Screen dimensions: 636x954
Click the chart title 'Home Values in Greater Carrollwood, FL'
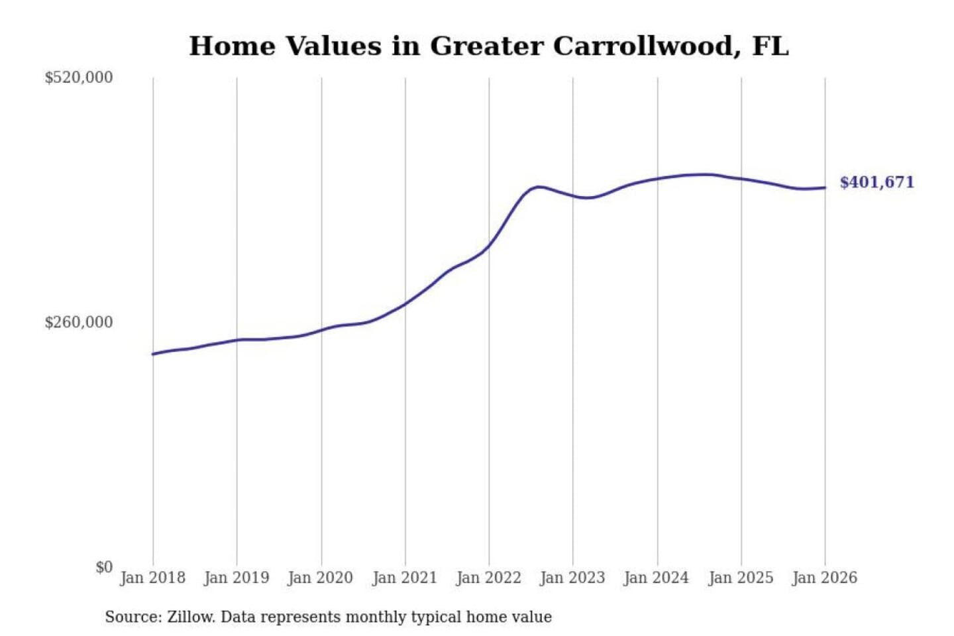tap(488, 46)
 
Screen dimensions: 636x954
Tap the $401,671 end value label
tap(876, 182)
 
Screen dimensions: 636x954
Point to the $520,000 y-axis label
tap(79, 78)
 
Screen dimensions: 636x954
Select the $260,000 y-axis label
tap(79, 322)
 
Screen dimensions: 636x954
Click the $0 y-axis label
tap(104, 567)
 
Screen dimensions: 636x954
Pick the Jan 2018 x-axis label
tap(152, 578)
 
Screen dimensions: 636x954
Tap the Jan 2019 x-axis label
tap(237, 578)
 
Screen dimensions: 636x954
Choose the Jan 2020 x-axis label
tap(321, 578)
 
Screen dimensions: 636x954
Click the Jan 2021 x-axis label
tap(405, 578)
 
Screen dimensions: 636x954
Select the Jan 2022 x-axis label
tap(489, 578)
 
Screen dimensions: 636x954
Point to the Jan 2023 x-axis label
tap(572, 578)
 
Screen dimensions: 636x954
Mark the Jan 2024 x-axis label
tap(657, 578)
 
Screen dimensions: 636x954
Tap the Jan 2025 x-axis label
tap(741, 578)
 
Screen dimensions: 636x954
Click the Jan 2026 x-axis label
tap(825, 578)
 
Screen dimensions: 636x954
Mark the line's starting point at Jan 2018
tap(153, 354)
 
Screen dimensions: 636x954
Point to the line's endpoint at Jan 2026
tap(825, 187)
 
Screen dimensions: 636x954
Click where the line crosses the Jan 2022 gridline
tap(490, 246)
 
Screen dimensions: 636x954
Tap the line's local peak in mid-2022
tap(539, 187)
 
